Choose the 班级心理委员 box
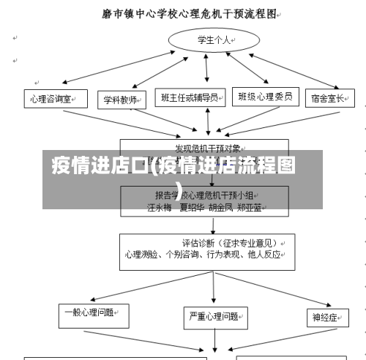pos(265,97)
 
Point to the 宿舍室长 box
pos(326,99)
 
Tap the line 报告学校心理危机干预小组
pos(204,195)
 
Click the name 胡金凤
pos(220,206)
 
